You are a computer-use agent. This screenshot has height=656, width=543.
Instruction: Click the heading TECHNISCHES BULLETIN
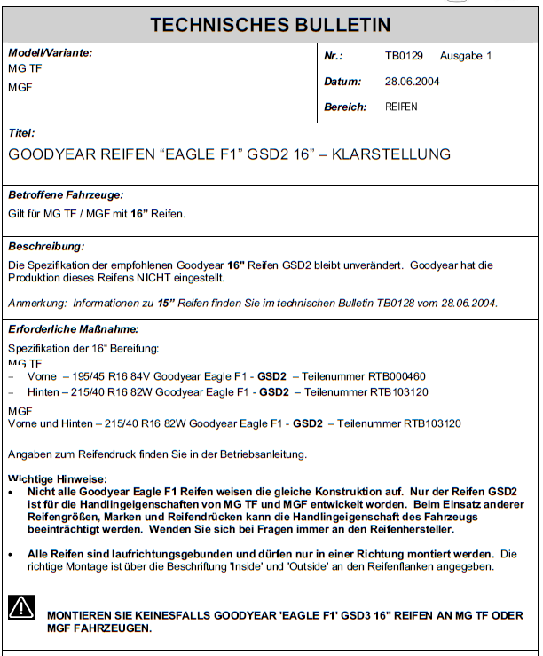point(270,24)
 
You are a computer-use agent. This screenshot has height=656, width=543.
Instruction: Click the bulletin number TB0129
point(404,56)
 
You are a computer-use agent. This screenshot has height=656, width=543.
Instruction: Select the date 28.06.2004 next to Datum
point(412,82)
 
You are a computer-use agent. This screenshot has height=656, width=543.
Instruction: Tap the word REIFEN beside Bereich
point(401,107)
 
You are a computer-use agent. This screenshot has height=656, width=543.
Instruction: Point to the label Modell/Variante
point(50,52)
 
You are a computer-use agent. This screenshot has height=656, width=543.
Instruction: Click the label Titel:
point(21,133)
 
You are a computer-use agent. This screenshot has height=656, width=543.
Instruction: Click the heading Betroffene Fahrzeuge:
point(66,194)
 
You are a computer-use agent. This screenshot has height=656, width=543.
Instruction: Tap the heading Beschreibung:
point(46,246)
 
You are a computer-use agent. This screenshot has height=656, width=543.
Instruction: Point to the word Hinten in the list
point(43,391)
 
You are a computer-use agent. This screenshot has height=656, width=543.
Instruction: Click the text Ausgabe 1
point(466,56)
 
